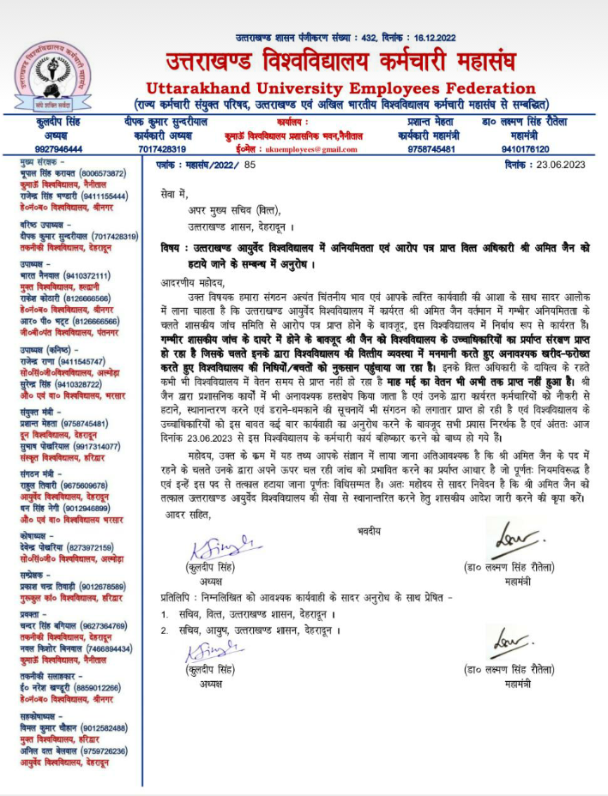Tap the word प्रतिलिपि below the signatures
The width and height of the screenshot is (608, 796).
[180, 594]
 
